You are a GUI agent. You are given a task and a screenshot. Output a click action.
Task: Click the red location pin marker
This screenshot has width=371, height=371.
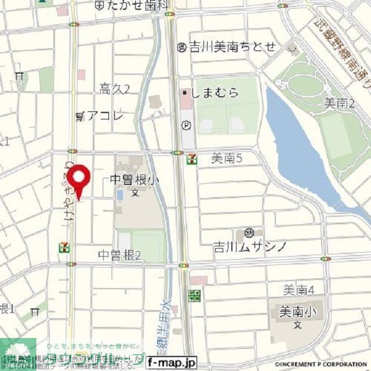78,177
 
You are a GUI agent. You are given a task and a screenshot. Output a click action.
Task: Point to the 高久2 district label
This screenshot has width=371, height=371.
114,89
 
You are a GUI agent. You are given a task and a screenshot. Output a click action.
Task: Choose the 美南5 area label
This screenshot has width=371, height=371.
225,157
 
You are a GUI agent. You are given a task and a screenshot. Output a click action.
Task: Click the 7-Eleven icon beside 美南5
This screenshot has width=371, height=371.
191,158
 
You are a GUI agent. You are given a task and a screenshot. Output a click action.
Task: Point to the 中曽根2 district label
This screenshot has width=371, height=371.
119,254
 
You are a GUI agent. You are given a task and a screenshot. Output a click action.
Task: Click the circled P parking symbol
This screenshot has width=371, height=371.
186,124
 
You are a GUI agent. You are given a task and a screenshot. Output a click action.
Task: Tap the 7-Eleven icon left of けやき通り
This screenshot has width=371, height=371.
62,248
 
